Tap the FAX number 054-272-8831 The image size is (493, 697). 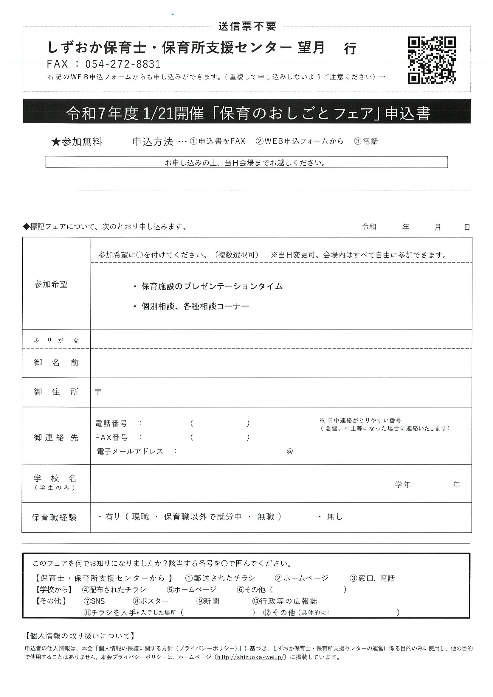[x=123, y=64]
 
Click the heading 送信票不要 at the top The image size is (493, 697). [x=247, y=27]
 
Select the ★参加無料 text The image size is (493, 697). [x=77, y=142]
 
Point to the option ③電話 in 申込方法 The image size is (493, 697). [x=366, y=141]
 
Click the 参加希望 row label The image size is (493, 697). [x=51, y=284]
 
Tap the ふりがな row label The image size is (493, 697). [x=56, y=340]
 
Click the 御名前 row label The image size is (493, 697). [x=56, y=362]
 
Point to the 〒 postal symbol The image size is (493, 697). [x=98, y=392]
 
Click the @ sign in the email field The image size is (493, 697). [x=289, y=451]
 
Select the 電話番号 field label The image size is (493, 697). [x=111, y=423]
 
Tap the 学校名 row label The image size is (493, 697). [x=55, y=479]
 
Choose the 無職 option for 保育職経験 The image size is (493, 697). [x=266, y=516]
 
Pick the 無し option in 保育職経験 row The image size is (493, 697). [x=334, y=516]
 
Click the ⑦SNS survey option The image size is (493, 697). [x=94, y=601]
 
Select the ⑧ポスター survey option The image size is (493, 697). [x=150, y=601]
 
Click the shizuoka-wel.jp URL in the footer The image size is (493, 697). [x=250, y=657]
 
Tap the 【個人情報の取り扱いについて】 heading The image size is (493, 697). [x=80, y=636]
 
